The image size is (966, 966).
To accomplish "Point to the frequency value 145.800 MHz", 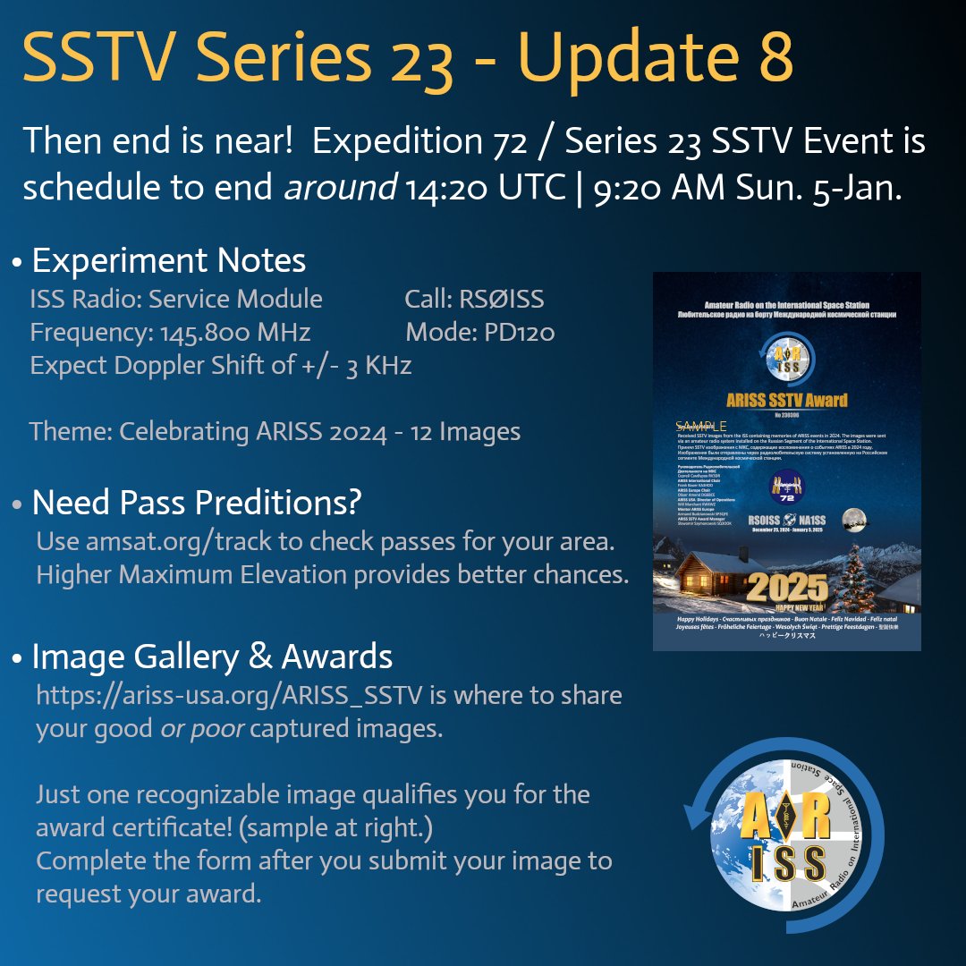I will click(235, 333).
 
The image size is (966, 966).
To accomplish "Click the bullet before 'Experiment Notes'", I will click(17, 262).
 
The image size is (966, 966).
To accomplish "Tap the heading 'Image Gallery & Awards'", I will click(212, 657).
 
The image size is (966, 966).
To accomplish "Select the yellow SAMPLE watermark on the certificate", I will click(701, 426).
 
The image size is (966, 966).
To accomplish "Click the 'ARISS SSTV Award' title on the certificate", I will click(787, 399).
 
